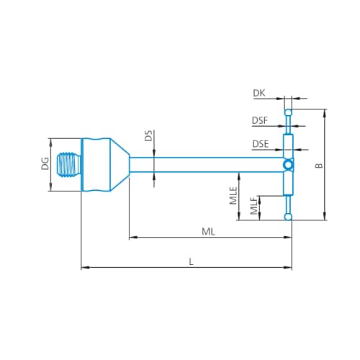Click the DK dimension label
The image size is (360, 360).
(259, 93)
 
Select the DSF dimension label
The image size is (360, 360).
(260, 120)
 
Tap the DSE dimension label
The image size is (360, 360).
(261, 144)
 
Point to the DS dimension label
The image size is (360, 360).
(149, 135)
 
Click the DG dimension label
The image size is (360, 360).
(45, 163)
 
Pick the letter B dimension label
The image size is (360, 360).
(319, 166)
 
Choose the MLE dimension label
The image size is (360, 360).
(233, 196)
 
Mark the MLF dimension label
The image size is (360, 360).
(253, 205)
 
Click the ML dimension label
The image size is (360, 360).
(208, 232)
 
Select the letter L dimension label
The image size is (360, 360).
(191, 261)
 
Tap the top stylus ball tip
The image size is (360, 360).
(288, 112)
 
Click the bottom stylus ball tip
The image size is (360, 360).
(288, 217)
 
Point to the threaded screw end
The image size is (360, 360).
(69, 165)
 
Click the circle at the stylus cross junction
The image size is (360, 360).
(288, 165)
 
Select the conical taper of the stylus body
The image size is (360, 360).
(120, 165)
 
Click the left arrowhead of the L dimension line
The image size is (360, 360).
(85, 267)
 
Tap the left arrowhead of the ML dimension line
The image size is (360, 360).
(133, 238)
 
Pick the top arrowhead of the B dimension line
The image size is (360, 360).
(325, 113)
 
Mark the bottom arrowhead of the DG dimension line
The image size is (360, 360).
(50, 187)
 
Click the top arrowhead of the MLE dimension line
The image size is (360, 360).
(238, 176)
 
